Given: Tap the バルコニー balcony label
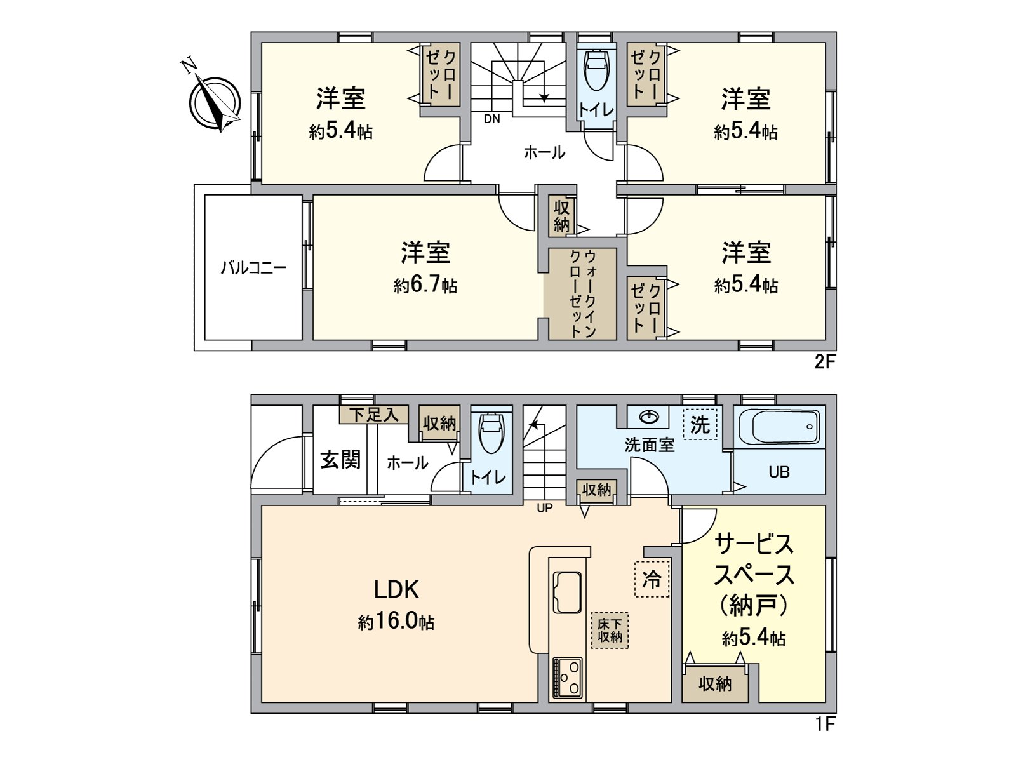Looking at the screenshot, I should click(253, 267).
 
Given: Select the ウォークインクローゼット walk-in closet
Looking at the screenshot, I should click(583, 293).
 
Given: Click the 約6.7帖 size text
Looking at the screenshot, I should click(425, 285).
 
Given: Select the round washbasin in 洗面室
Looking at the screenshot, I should click(648, 417).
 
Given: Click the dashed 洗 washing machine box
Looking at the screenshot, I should click(700, 424).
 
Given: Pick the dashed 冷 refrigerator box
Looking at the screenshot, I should click(652, 579).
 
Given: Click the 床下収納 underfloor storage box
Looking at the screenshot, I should click(610, 631).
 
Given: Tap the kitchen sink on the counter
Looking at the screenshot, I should click(567, 591).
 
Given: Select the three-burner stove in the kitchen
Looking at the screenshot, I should click(567, 677).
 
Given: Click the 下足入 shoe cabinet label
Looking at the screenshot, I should click(374, 415).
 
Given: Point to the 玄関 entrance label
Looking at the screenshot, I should click(340, 460).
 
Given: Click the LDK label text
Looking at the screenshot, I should click(396, 590).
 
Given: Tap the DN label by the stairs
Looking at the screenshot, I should click(491, 119).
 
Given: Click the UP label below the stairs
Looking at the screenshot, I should click(544, 508).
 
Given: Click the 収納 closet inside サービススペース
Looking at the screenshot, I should click(715, 683).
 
